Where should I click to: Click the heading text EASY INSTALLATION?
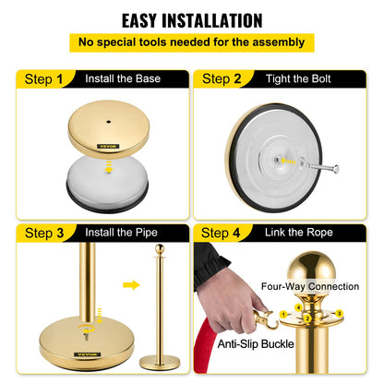192,19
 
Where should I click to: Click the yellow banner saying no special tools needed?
192,42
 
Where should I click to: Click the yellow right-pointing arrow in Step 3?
131,284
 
